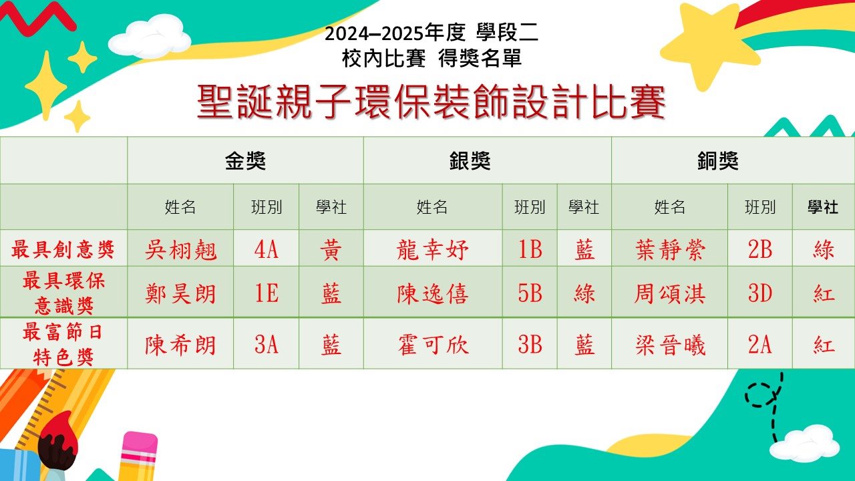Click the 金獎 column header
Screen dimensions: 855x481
(245, 161)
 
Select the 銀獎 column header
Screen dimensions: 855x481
(470, 161)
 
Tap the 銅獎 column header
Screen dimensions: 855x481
(718, 161)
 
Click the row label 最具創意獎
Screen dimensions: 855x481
(63, 249)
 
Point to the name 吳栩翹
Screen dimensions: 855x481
(180, 250)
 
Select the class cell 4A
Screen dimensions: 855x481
(266, 250)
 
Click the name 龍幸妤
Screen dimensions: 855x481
(432, 250)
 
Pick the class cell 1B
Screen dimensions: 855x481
(530, 250)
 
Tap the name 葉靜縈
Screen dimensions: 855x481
(670, 250)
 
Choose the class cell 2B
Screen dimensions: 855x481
(760, 250)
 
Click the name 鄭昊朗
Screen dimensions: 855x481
(180, 294)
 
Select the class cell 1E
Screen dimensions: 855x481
(266, 293)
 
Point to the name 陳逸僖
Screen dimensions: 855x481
(432, 294)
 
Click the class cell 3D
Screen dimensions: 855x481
(760, 293)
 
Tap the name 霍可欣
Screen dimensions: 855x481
(432, 345)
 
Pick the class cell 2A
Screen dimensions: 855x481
(760, 345)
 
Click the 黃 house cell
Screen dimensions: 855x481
(331, 250)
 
